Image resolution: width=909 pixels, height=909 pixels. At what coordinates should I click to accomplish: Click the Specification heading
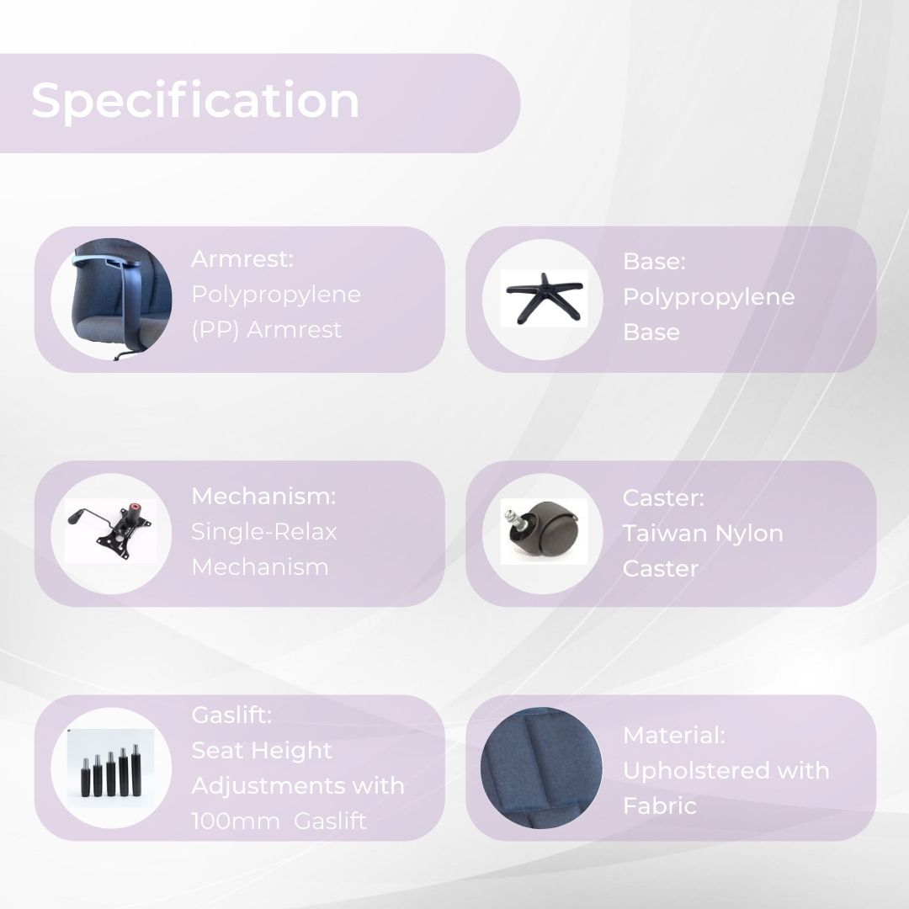195,102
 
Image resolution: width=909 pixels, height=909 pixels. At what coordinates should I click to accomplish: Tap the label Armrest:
242,259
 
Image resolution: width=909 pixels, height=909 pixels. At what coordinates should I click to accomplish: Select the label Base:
654,262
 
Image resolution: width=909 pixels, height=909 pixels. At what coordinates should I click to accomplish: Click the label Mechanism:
263,497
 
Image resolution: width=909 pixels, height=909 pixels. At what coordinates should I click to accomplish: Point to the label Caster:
663,498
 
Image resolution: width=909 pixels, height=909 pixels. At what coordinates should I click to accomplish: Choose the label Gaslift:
231,715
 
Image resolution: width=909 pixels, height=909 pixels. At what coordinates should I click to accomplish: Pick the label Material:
673,735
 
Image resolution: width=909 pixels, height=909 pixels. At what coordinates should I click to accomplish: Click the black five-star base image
544,297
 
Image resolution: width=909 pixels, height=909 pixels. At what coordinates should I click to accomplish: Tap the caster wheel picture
543,531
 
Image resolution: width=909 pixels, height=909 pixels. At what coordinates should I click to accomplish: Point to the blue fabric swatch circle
541,768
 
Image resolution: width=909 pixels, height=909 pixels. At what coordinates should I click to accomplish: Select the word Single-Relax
263,532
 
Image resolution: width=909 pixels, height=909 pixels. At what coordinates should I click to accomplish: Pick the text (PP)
215,330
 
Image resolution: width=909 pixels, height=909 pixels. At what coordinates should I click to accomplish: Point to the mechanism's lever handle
87,515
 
